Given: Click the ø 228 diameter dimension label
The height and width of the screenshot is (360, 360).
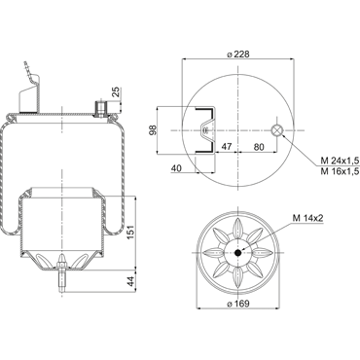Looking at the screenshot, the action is coord(238,54).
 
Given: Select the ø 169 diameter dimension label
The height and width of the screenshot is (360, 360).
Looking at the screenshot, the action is coord(238,304).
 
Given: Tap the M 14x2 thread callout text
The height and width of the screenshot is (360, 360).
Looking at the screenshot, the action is coord(308,218).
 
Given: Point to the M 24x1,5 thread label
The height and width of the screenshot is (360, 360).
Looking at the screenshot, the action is coord(340,161).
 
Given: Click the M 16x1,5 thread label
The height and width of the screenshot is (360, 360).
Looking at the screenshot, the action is coord(340,171).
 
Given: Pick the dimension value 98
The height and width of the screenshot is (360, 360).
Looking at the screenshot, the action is coord(153,129).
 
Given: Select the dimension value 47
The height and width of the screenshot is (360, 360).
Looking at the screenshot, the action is coord(227,147).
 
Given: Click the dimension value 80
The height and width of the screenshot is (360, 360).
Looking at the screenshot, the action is coord(259,147).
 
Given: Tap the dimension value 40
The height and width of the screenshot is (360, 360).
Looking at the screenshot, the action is coord(176,168).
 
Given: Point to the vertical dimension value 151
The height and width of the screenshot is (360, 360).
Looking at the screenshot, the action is coord(130,232).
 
